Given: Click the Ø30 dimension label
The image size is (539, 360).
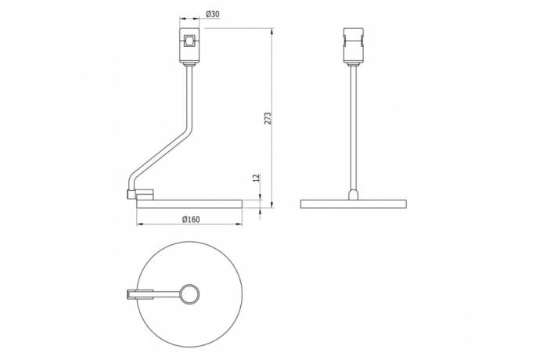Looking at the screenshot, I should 211,14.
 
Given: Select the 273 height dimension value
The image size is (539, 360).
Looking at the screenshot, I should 268,118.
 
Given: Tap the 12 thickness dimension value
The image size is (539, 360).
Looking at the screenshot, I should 255,178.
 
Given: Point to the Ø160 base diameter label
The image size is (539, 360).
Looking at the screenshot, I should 191,218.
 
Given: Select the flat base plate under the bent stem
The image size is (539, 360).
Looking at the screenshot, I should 189,203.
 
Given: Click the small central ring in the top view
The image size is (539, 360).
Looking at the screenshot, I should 189,294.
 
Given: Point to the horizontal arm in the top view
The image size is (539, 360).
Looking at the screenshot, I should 164,294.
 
